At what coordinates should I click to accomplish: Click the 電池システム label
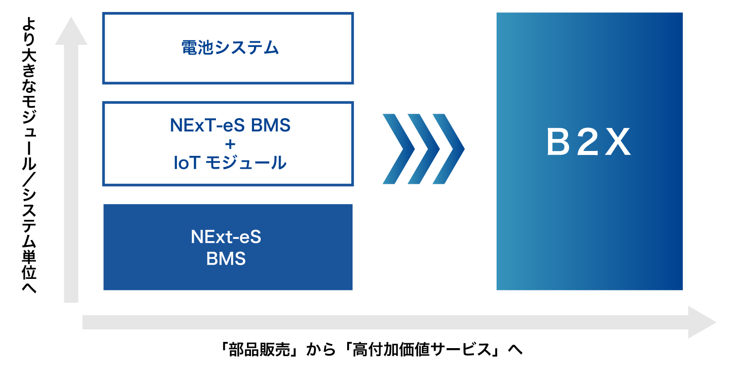[x=230, y=48]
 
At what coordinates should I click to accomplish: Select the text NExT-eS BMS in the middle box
[x=230, y=125]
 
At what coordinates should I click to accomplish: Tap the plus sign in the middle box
[x=230, y=144]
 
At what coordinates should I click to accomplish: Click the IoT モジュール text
[x=230, y=163]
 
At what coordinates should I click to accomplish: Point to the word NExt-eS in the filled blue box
[x=226, y=237]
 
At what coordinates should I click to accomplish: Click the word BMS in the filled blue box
[x=226, y=258]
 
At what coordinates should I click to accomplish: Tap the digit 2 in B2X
[x=588, y=142]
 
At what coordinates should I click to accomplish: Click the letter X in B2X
[x=618, y=142]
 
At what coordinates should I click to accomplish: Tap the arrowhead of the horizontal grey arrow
[x=701, y=322]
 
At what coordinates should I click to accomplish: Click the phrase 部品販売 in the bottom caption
[x=259, y=349]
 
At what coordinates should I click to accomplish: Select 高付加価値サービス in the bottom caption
[x=422, y=349]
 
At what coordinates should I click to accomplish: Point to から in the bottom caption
[x=321, y=349]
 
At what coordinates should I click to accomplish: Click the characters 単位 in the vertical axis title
[x=29, y=265]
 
